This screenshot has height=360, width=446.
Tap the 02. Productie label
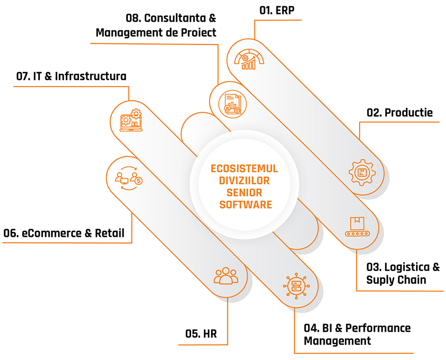(x=400, y=113)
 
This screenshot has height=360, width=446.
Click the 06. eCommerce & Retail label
(x=64, y=233)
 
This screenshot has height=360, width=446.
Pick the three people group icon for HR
(x=226, y=276)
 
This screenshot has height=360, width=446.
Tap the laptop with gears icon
(x=130, y=119)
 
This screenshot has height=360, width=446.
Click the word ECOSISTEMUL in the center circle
(x=244, y=169)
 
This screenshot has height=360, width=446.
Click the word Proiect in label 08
(x=195, y=33)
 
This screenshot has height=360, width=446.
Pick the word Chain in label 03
(x=411, y=279)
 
